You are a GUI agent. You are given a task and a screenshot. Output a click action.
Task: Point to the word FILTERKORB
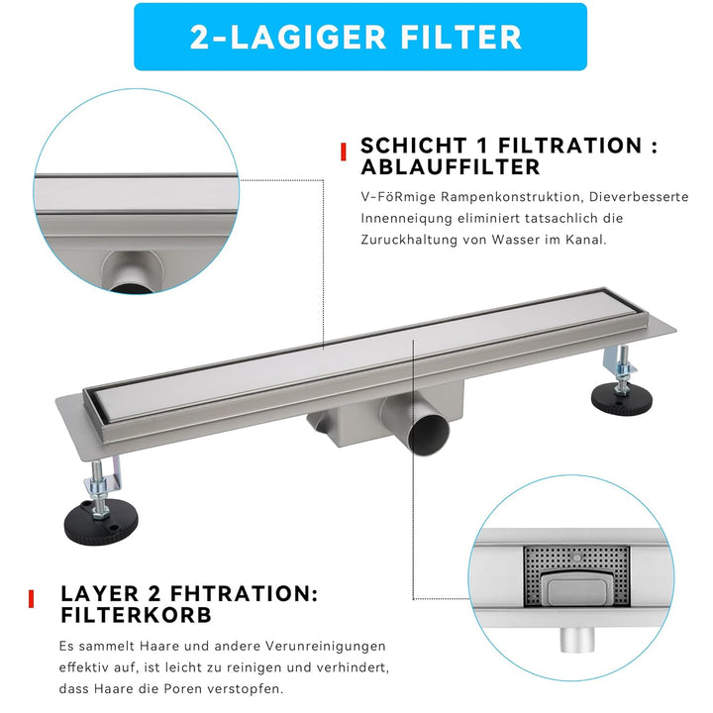pyautogui.click(x=136, y=614)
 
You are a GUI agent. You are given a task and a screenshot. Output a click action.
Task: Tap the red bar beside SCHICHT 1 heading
pyautogui.click(x=343, y=152)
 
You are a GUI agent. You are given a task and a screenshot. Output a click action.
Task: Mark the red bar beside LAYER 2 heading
pyautogui.click(x=33, y=598)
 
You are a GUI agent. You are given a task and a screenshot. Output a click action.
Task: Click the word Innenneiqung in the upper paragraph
pyautogui.click(x=402, y=219)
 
